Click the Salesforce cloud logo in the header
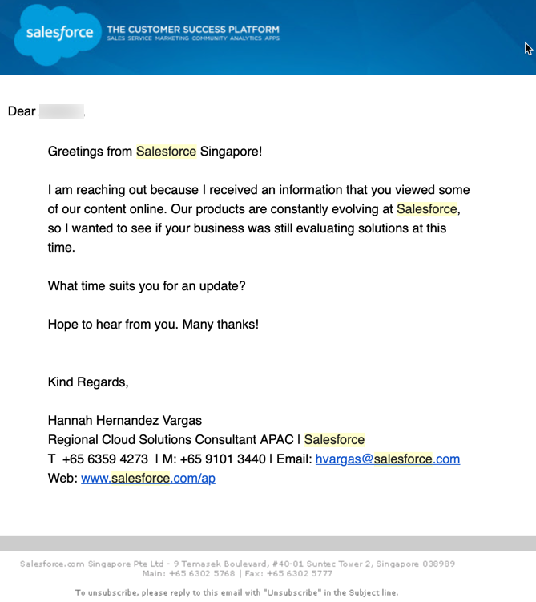pyautogui.click(x=54, y=34)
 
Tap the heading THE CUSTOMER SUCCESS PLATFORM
pyautogui.click(x=193, y=30)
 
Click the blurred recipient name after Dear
pyautogui.click(x=62, y=111)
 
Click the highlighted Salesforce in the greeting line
pyautogui.click(x=166, y=151)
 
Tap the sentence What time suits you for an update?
pyautogui.click(x=147, y=286)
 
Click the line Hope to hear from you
pyautogui.click(x=114, y=325)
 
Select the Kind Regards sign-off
pyautogui.click(x=88, y=382)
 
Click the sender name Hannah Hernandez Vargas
pyautogui.click(x=125, y=421)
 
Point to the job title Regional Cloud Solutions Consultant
pyautogui.click(x=160, y=440)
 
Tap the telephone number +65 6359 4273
pyautogui.click(x=105, y=459)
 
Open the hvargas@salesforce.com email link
pyautogui.click(x=388, y=459)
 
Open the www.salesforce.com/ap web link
pyautogui.click(x=148, y=479)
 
